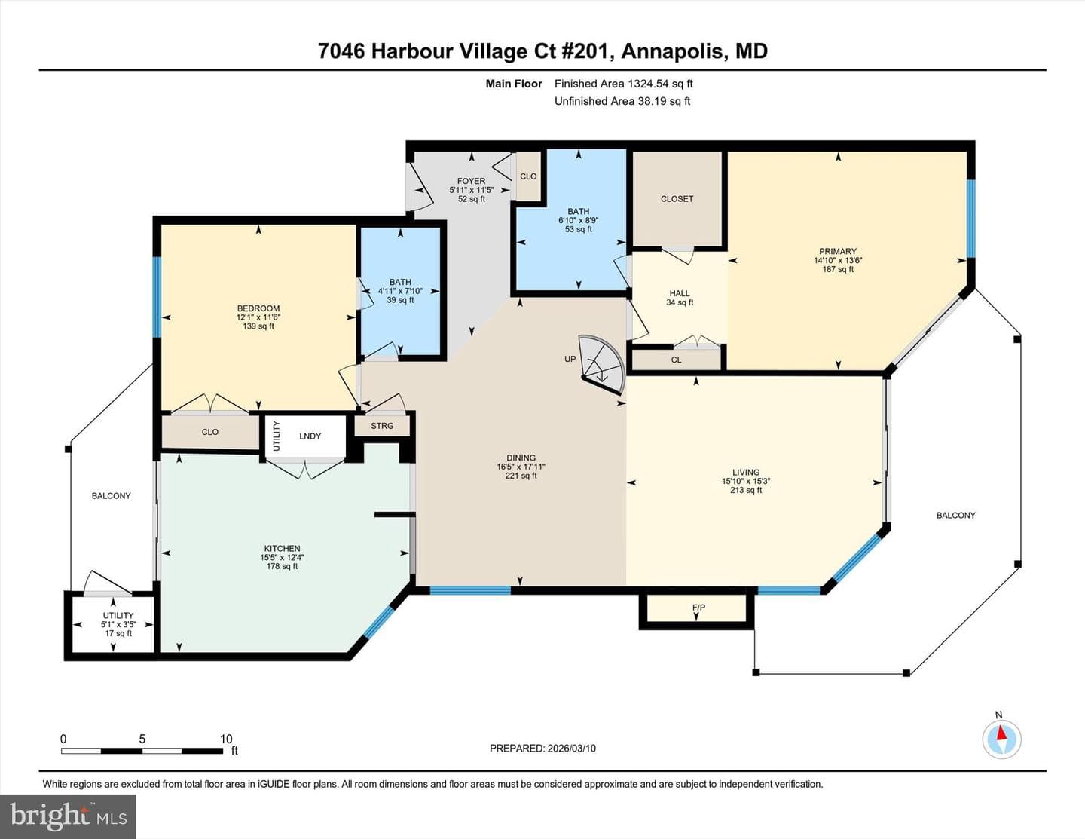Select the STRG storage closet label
[x=382, y=426]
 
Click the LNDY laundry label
[x=310, y=436]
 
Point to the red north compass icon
[x=1001, y=739]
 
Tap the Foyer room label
[x=472, y=181]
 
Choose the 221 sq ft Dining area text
[x=521, y=476]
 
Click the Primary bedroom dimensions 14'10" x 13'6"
[x=838, y=260]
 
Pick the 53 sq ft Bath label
[x=578, y=229]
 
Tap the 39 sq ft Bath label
[x=400, y=300]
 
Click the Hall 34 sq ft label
[x=680, y=298]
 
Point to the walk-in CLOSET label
[x=677, y=199]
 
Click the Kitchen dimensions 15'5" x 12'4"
[x=282, y=557]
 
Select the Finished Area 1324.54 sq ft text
[x=624, y=84]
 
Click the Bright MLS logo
[x=68, y=816]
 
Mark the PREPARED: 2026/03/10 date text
[x=542, y=748]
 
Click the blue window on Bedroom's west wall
[x=157, y=297]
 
